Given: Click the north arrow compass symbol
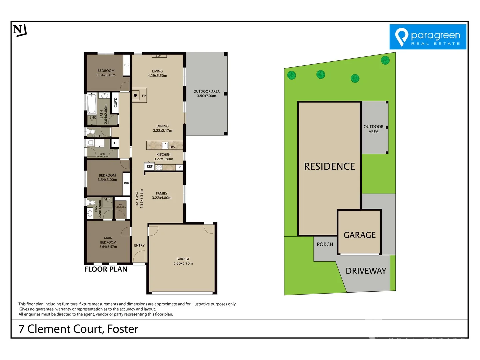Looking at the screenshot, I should (x=20, y=30).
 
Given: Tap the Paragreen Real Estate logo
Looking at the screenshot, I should (x=428, y=37).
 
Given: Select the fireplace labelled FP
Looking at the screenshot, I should (x=139, y=95).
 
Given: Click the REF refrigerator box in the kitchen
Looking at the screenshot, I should (x=150, y=167).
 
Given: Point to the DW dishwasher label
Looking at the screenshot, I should (x=172, y=147).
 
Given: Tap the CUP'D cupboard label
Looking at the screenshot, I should (x=116, y=102).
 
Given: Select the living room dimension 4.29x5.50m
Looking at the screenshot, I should (x=157, y=76).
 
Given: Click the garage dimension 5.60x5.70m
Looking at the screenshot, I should (x=183, y=263).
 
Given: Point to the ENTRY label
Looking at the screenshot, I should (x=139, y=245).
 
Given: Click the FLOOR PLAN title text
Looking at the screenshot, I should (x=106, y=269).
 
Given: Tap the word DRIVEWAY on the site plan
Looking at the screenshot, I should (x=366, y=271).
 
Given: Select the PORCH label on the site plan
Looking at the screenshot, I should (x=325, y=244).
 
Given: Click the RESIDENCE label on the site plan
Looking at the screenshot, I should (x=329, y=166).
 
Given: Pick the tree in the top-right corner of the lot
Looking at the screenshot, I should (x=385, y=60).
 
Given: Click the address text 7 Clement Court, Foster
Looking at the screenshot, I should (x=78, y=329).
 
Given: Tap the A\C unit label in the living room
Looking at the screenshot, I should (x=158, y=56).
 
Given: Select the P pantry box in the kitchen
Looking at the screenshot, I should (x=179, y=167).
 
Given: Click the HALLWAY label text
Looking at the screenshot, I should (x=137, y=199).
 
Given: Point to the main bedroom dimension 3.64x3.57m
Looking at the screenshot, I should (x=108, y=247).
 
